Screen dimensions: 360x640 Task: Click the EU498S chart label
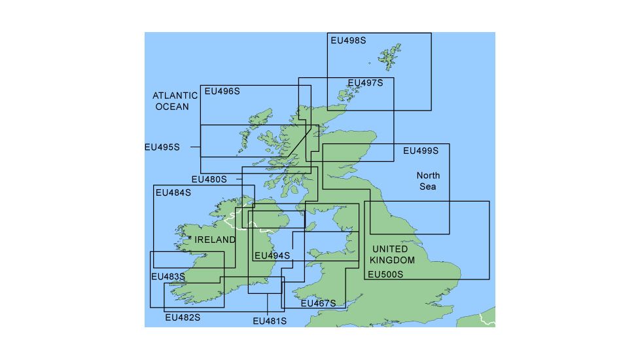pos(348,41)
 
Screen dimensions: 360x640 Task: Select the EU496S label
pos(222,92)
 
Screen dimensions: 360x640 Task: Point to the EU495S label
pos(162,147)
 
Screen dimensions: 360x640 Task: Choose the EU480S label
pos(209,179)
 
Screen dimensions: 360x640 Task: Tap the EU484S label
pos(173,193)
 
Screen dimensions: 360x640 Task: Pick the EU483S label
pos(168,277)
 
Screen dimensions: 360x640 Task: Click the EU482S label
pos(183,317)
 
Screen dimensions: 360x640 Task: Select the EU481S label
pos(270,321)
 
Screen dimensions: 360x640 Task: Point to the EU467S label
pos(318,303)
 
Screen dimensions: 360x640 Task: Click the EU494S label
pos(272,255)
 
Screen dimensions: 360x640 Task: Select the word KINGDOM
pos(390,261)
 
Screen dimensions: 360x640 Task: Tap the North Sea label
pos(428,181)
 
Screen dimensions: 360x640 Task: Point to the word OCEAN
pos(172,106)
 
